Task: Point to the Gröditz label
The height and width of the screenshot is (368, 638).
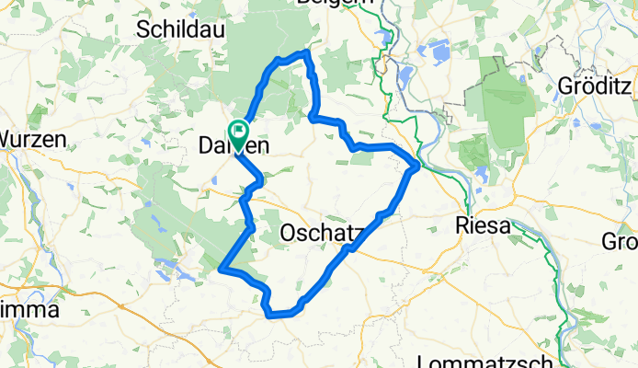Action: tap(597, 86)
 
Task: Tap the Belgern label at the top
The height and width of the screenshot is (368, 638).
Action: tap(336, 4)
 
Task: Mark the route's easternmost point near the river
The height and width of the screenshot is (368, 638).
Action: tap(416, 166)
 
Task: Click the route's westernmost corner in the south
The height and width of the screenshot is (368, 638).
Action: tap(222, 270)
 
